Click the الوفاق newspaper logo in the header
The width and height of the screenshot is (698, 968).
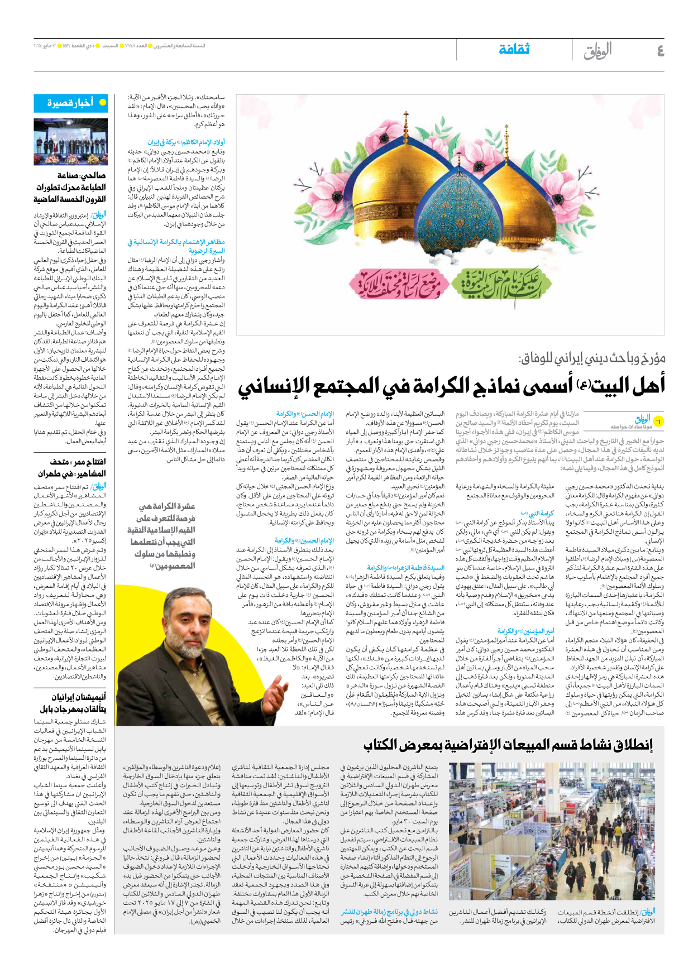tap(597, 51)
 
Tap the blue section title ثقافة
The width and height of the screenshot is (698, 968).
tap(514, 50)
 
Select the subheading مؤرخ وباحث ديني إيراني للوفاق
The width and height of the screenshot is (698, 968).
tap(591, 358)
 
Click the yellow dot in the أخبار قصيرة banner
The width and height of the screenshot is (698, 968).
tap(102, 103)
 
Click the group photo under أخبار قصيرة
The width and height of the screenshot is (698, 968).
tap(70, 142)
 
